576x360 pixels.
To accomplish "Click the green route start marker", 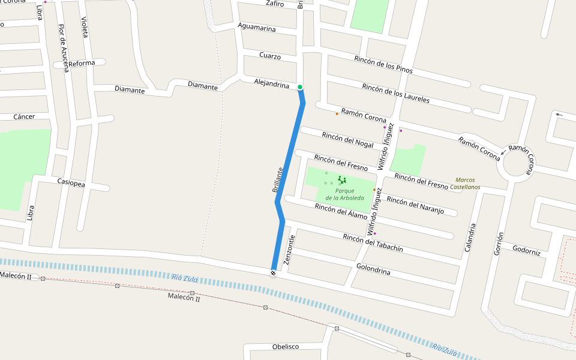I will pos(300,87).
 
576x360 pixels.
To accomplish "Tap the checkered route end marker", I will pos(273,274).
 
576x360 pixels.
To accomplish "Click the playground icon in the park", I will pos(342,179).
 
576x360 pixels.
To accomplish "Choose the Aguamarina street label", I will pos(257,28).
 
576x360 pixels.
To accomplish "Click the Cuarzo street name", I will pos(270,56).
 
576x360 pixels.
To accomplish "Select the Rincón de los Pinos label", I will pos(383,64).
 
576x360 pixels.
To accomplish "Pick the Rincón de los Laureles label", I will pos(396,93).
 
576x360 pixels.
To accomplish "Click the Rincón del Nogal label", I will pos(347,140).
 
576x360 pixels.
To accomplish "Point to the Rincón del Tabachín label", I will pos(373,242).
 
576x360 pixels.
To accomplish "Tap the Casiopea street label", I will pos(71,182).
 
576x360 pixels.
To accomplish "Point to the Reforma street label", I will pos(82,63).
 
